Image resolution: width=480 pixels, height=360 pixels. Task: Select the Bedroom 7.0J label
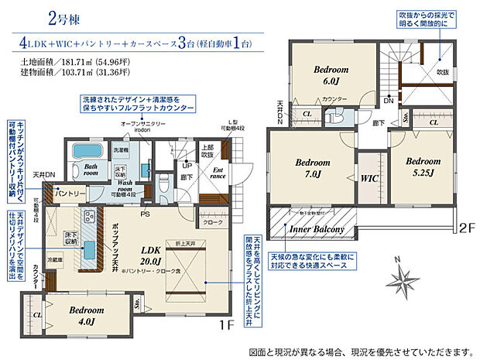(x=313, y=168)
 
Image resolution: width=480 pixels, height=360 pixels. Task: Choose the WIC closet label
(x=368, y=177)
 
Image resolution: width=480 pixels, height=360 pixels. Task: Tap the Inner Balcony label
(x=317, y=229)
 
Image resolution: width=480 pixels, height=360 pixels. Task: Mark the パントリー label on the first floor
(x=50, y=193)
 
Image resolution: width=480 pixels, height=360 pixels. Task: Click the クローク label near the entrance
(x=212, y=224)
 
